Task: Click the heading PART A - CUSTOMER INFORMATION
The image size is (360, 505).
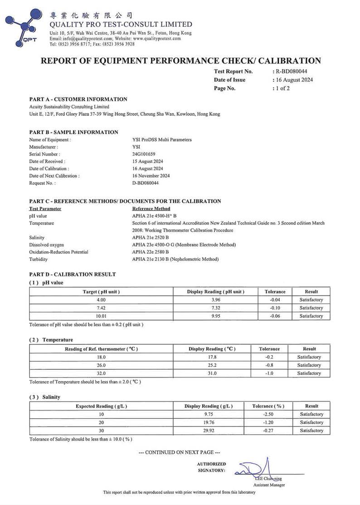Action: click(78, 99)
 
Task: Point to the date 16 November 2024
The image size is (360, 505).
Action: click(151, 176)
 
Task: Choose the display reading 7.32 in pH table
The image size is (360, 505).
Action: click(215, 308)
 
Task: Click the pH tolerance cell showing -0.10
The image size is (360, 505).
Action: click(275, 308)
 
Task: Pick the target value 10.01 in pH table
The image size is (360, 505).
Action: click(101, 316)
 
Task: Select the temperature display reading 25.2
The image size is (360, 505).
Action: click(212, 365)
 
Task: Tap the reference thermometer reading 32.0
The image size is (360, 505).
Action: click(101, 373)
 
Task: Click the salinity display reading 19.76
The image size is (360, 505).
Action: click(209, 422)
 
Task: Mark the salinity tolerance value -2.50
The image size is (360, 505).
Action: click(268, 414)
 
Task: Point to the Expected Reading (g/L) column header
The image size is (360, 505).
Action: click(101, 406)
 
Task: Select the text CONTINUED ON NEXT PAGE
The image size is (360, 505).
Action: click(180, 452)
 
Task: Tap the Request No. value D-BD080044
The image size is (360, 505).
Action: click(146, 183)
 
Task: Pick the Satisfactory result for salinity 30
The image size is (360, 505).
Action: click(311, 431)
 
